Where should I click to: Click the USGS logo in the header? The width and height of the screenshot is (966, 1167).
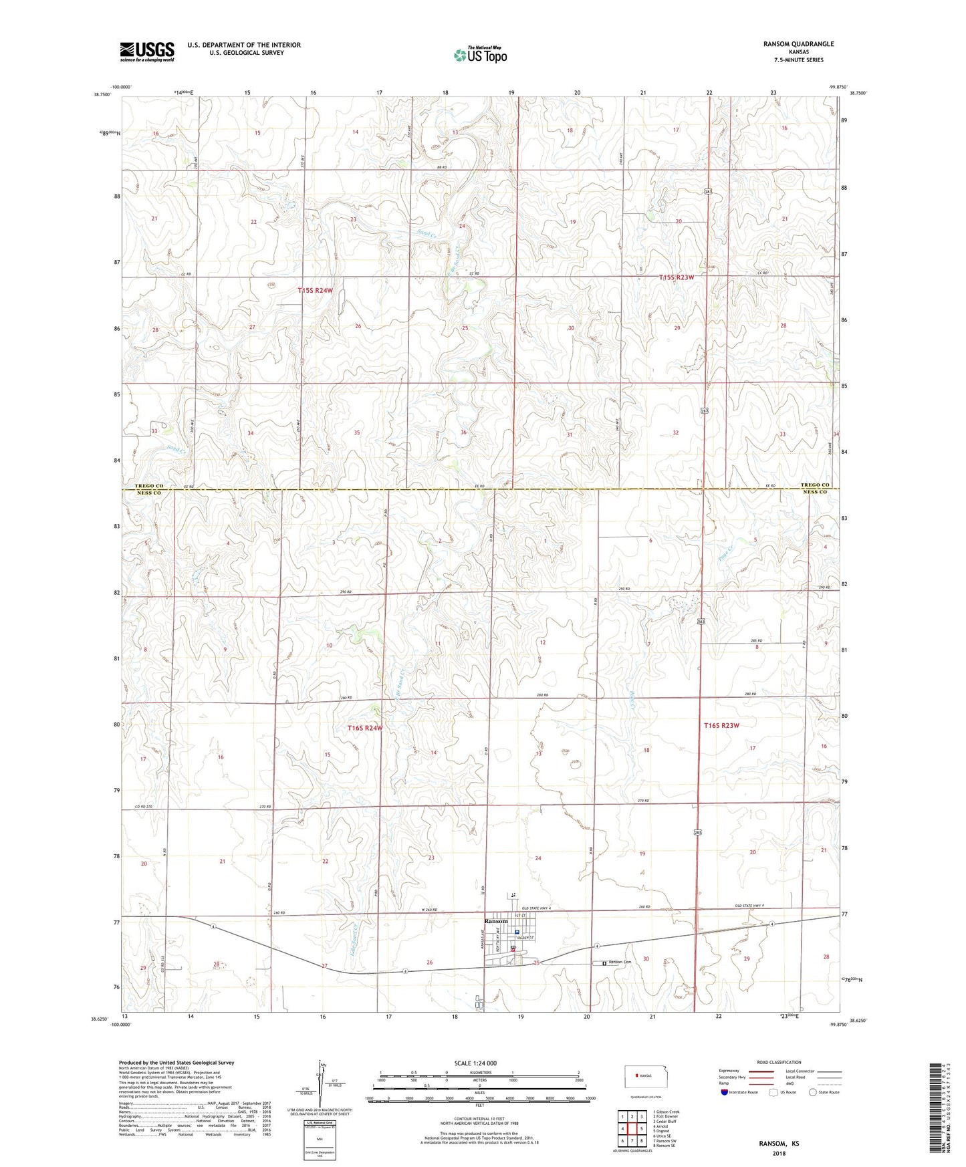pyautogui.click(x=147, y=51)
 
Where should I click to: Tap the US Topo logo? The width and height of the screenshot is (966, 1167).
pyautogui.click(x=480, y=55)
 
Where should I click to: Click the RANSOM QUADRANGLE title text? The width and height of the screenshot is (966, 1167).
pyautogui.click(x=798, y=44)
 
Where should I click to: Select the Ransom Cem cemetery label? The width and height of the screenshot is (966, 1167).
pyautogui.click(x=619, y=962)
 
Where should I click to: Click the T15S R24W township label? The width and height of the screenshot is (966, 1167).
pyautogui.click(x=315, y=291)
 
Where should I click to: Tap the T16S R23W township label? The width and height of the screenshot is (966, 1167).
pyautogui.click(x=721, y=725)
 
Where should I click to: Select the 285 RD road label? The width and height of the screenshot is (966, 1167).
pyautogui.click(x=751, y=641)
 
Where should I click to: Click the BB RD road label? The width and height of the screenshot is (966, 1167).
pyautogui.click(x=441, y=167)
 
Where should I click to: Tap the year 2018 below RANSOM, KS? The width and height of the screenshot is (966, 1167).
pyautogui.click(x=778, y=1154)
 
